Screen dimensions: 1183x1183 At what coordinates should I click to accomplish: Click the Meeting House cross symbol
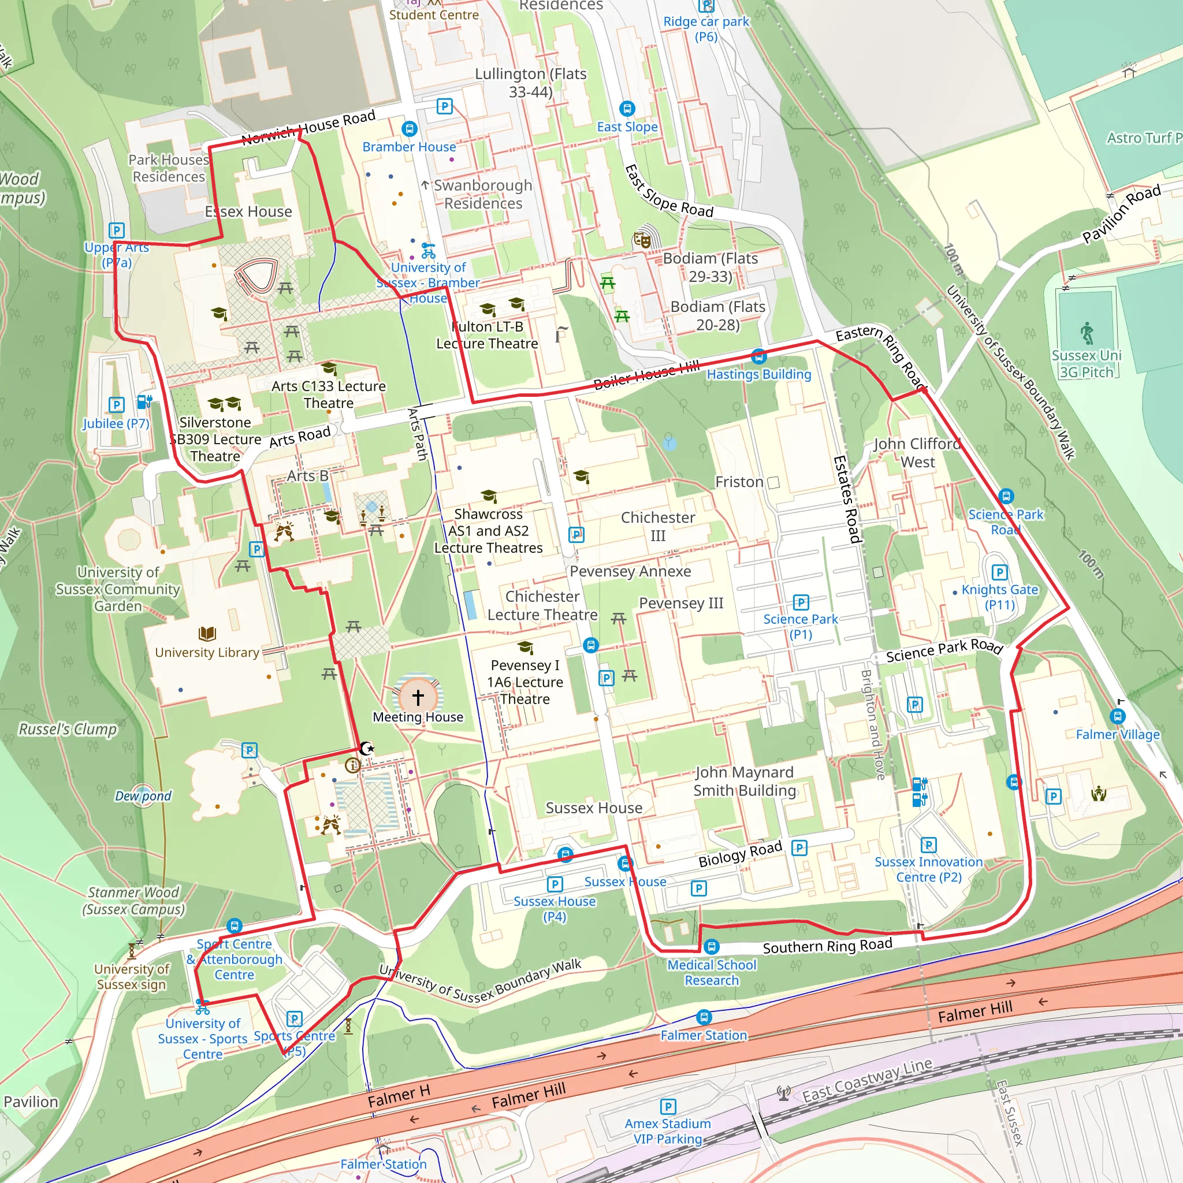418,697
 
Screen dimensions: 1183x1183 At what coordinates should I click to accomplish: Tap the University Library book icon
207,633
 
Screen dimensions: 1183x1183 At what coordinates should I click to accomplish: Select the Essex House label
248,212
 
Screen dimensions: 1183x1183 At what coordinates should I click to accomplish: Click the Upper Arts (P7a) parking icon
116,231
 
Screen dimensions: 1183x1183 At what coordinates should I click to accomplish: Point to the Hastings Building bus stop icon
758,356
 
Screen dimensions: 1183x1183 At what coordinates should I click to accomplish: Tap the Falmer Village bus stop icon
1118,716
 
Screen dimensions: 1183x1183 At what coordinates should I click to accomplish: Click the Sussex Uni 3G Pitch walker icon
1087,333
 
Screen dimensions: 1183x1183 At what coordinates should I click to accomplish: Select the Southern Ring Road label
827,946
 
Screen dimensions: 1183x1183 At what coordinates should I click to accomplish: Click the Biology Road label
741,854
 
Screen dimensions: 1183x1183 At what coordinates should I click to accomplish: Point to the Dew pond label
143,796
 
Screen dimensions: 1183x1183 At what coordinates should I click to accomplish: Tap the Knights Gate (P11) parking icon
999,572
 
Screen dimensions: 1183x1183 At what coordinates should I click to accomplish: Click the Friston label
739,482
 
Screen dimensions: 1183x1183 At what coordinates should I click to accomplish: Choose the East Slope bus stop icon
627,109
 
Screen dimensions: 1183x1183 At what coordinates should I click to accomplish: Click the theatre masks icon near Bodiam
642,239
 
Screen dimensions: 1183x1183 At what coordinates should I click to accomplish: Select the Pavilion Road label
1121,214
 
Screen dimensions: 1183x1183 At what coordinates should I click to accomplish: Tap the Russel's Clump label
68,730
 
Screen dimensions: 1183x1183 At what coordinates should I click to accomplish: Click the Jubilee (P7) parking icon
116,405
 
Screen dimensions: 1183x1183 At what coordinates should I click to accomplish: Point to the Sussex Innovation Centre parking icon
928,845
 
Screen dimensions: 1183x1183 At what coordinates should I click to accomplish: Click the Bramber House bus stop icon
410,129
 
